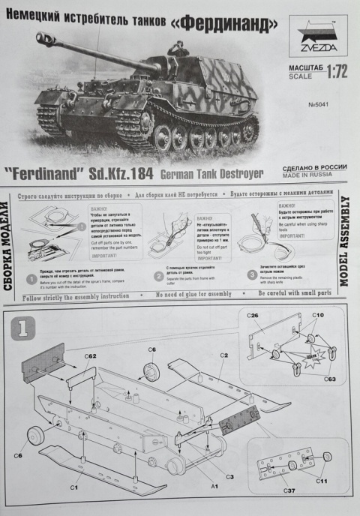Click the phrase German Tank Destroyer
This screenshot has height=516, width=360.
[212, 175]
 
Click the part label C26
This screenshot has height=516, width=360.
[253, 315]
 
